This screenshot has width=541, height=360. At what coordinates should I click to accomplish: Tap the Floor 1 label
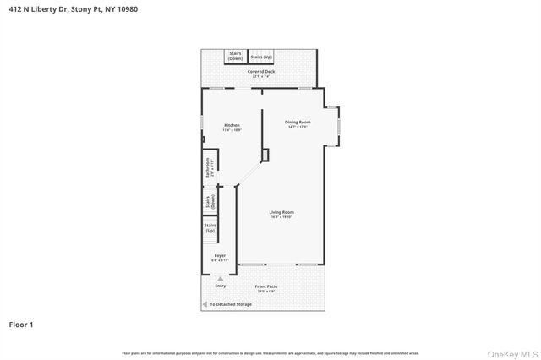(21, 324)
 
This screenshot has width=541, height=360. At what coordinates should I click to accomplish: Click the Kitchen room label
(232, 128)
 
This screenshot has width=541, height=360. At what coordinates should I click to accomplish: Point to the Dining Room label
(298, 124)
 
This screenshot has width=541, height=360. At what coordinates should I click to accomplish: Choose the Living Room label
(281, 214)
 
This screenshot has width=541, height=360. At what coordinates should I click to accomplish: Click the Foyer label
(220, 257)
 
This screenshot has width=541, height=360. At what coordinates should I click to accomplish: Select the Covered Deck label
(261, 74)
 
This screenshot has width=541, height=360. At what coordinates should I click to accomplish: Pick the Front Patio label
(266, 288)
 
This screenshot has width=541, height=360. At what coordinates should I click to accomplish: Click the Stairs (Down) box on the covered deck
(235, 56)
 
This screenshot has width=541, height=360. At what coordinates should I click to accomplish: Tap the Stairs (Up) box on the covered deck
(261, 57)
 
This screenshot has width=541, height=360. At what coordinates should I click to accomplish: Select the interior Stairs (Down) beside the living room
(209, 202)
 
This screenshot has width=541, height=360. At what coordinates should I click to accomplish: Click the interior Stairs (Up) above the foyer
(210, 227)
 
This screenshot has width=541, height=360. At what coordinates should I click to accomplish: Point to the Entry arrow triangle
(221, 278)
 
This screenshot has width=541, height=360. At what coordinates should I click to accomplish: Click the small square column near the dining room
(265, 155)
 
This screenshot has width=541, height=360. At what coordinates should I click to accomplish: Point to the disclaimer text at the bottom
(270, 353)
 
